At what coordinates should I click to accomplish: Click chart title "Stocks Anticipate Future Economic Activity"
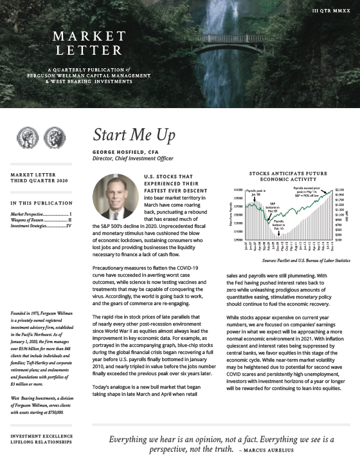coord(288,177)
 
